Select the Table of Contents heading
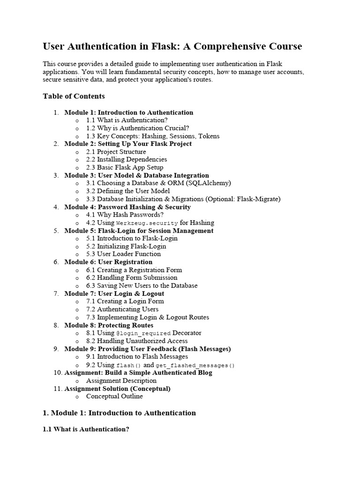[x=74, y=96]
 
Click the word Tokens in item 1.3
[x=209, y=136]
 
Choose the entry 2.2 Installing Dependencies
[x=127, y=159]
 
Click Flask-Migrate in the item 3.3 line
[x=258, y=199]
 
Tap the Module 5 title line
[x=139, y=231]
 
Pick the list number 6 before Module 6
[x=56, y=262]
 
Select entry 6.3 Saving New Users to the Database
[x=142, y=285]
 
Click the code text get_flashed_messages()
[x=195, y=365]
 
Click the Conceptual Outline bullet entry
[x=114, y=396]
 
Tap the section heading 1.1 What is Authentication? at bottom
[x=86, y=429]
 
